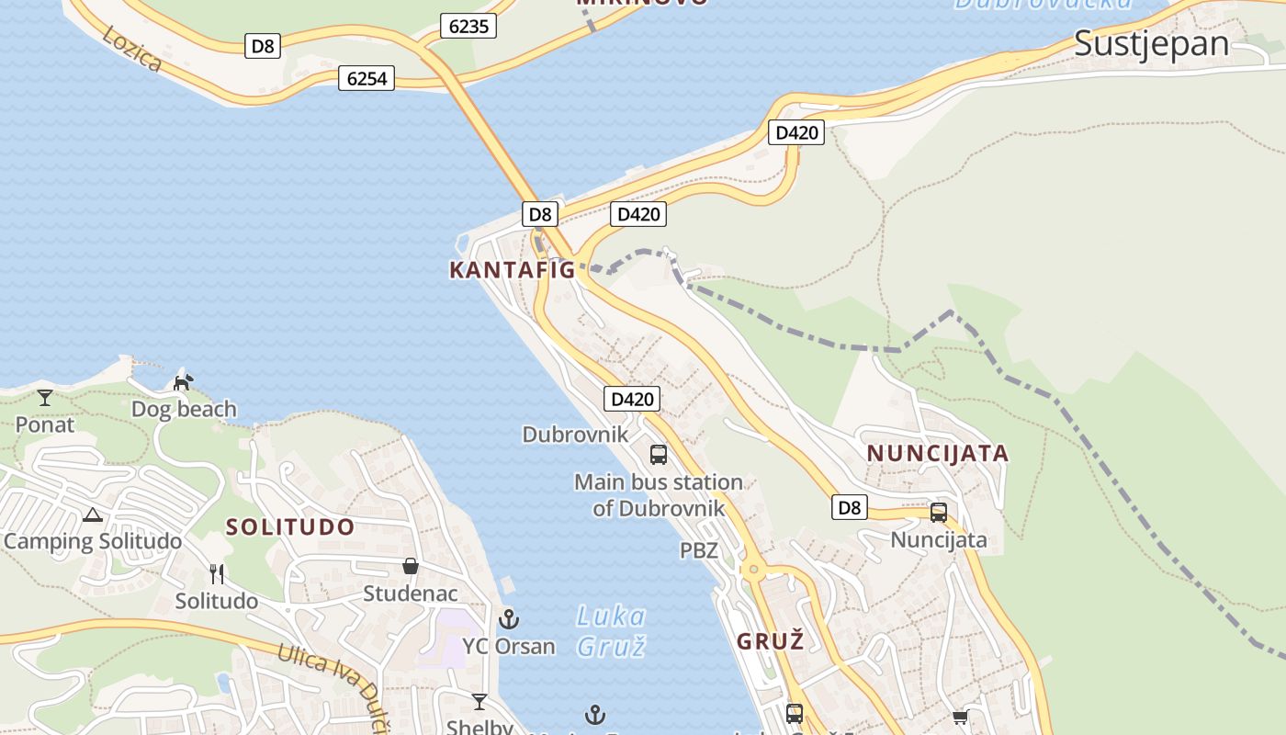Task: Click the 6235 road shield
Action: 468,26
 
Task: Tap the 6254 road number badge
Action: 367,78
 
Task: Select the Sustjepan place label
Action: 1151,43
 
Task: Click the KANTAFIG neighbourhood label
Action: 512,270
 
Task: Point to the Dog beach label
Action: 184,409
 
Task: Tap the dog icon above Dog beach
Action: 184,381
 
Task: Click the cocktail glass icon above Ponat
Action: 45,398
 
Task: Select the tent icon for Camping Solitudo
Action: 92,514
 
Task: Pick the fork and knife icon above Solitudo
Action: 217,574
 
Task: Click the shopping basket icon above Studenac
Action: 411,566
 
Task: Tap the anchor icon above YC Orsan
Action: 509,619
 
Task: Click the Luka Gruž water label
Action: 611,630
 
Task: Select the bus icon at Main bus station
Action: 659,454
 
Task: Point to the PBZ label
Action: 699,550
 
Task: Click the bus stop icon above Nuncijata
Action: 939,513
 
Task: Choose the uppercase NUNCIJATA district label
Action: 938,453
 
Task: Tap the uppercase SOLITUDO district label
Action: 290,527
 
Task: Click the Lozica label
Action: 132,49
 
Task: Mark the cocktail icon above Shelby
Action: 479,703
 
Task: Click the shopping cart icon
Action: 961,717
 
